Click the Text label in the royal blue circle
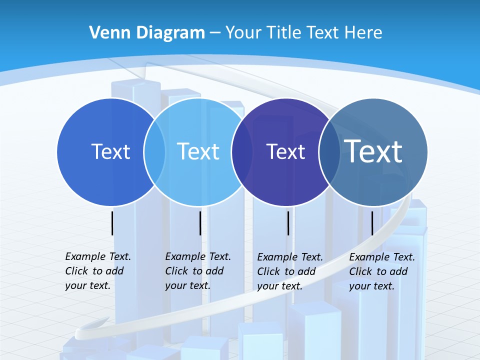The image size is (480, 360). coord(110,151)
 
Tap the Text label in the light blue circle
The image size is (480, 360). coord(198,151)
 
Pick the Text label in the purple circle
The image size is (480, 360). coord(285,151)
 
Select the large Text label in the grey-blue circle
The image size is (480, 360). coord(373,151)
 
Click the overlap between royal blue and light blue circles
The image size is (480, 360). coord(154,151)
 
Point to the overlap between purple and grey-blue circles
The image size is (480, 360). coord(329,151)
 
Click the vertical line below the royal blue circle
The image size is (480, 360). coord(112,223)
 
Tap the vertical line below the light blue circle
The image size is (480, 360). coord(200,223)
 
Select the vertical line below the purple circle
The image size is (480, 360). coord(288,223)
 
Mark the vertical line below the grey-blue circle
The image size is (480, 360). coord(372,223)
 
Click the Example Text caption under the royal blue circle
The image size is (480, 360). coord(97,271)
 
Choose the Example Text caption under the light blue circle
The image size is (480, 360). coord(197,271)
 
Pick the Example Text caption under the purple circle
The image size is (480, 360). coord(289,271)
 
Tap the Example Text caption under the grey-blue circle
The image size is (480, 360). coord(381,271)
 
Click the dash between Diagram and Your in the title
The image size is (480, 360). coord(215,33)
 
